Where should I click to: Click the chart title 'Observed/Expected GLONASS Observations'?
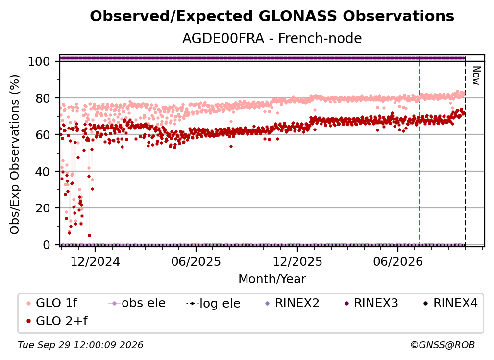[x=272, y=16]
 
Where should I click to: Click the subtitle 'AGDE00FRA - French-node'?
[x=272, y=38]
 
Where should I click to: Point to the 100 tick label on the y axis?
[x=39, y=61]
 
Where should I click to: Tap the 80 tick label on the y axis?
[x=43, y=99]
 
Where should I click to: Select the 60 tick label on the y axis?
[x=43, y=135]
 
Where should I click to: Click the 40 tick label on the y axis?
[x=43, y=172]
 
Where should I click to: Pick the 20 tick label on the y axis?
[x=43, y=208]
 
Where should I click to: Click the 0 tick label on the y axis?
[x=47, y=245]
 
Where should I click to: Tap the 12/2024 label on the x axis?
[x=95, y=262]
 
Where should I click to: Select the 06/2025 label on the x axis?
[x=196, y=262]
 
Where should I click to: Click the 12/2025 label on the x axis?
[x=297, y=262]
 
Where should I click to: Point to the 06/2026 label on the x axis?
[x=398, y=262]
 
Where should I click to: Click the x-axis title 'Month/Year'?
[x=272, y=279]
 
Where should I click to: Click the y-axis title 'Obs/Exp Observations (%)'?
[x=15, y=154]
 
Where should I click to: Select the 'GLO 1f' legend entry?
[x=52, y=303]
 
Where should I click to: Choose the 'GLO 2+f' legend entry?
[x=57, y=321]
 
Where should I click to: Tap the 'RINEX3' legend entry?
[x=371, y=303]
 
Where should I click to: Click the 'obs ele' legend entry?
[x=137, y=303]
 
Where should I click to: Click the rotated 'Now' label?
[x=476, y=76]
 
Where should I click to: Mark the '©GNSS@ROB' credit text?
[x=443, y=345]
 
